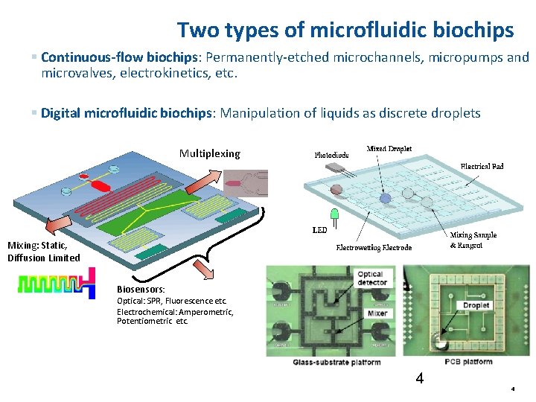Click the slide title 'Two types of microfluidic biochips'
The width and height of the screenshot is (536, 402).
[345, 30]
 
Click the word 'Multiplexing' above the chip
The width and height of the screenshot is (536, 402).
[210, 153]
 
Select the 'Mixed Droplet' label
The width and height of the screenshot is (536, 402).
[389, 149]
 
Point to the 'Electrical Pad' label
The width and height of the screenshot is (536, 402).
[482, 166]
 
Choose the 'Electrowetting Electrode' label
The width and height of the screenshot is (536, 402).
[374, 247]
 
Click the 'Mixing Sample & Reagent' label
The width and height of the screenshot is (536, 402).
[473, 240]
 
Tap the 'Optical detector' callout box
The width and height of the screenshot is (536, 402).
[371, 278]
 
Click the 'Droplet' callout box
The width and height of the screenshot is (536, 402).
[476, 305]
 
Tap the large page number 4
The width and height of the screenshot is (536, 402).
[420, 378]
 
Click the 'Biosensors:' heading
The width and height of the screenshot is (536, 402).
[141, 289]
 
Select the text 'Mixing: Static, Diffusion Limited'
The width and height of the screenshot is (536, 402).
[43, 252]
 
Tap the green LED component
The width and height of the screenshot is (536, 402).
[334, 216]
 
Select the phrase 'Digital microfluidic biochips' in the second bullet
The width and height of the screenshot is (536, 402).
[126, 113]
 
